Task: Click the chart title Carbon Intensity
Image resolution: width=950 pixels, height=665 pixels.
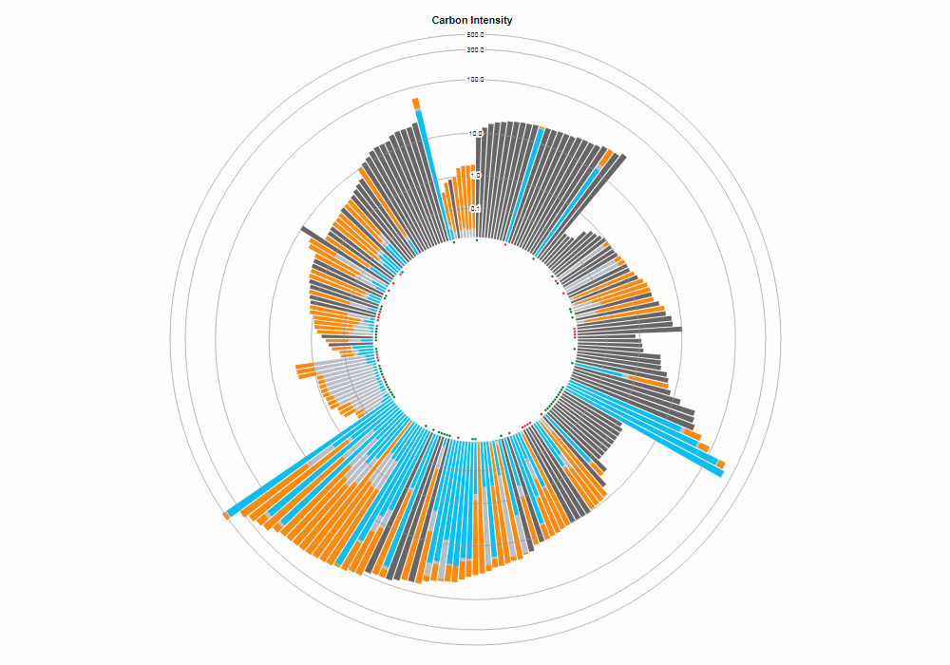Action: pyautogui.click(x=472, y=20)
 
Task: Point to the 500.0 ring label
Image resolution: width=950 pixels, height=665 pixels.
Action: pyautogui.click(x=475, y=35)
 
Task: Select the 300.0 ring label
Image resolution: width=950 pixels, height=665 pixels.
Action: pyautogui.click(x=475, y=49)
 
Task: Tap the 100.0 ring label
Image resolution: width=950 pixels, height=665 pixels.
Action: pyautogui.click(x=475, y=80)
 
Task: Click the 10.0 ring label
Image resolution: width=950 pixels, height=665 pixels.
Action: pyautogui.click(x=475, y=133)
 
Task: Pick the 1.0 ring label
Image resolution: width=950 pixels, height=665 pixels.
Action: pyautogui.click(x=475, y=176)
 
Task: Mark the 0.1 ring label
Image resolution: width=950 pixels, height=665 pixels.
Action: pyautogui.click(x=475, y=209)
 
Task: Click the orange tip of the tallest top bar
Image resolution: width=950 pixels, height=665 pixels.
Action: pyautogui.click(x=415, y=103)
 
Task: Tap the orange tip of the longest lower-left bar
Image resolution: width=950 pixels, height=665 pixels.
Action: pyautogui.click(x=226, y=515)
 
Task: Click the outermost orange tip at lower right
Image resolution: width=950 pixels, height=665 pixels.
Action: pyautogui.click(x=721, y=464)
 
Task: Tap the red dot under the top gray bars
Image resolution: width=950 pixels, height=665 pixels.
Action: pyautogui.click(x=505, y=244)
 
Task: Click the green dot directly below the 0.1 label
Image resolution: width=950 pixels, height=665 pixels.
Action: pyautogui.click(x=477, y=240)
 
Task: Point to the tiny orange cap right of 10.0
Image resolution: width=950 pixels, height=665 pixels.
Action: pyautogui.click(x=541, y=125)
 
